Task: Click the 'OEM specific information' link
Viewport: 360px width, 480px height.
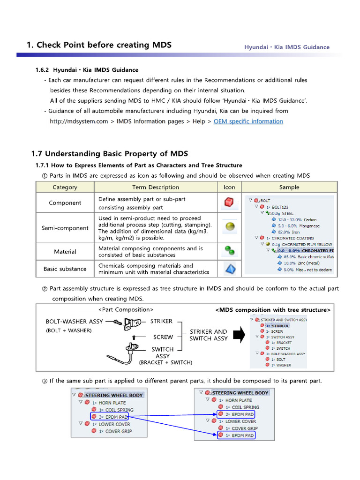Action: (x=248, y=121)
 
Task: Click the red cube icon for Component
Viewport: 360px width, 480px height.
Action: (x=229, y=203)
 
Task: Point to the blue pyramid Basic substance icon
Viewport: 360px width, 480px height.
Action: (x=229, y=269)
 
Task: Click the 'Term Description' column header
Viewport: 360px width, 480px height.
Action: (x=156, y=187)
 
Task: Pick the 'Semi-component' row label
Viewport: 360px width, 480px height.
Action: (x=65, y=228)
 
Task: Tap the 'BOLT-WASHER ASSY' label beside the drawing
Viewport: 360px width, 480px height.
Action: (x=75, y=322)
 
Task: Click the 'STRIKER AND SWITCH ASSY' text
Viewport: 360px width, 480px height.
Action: (x=208, y=335)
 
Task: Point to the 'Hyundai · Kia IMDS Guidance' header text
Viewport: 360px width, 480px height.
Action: (x=287, y=47)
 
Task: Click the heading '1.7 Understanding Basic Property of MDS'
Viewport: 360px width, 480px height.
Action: (x=109, y=154)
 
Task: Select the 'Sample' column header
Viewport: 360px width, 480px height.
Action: (x=289, y=187)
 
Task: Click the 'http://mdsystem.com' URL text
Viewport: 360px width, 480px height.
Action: (x=79, y=121)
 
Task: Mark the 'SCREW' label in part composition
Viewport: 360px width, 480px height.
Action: (x=163, y=337)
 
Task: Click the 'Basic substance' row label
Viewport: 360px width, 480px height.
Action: (x=65, y=269)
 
